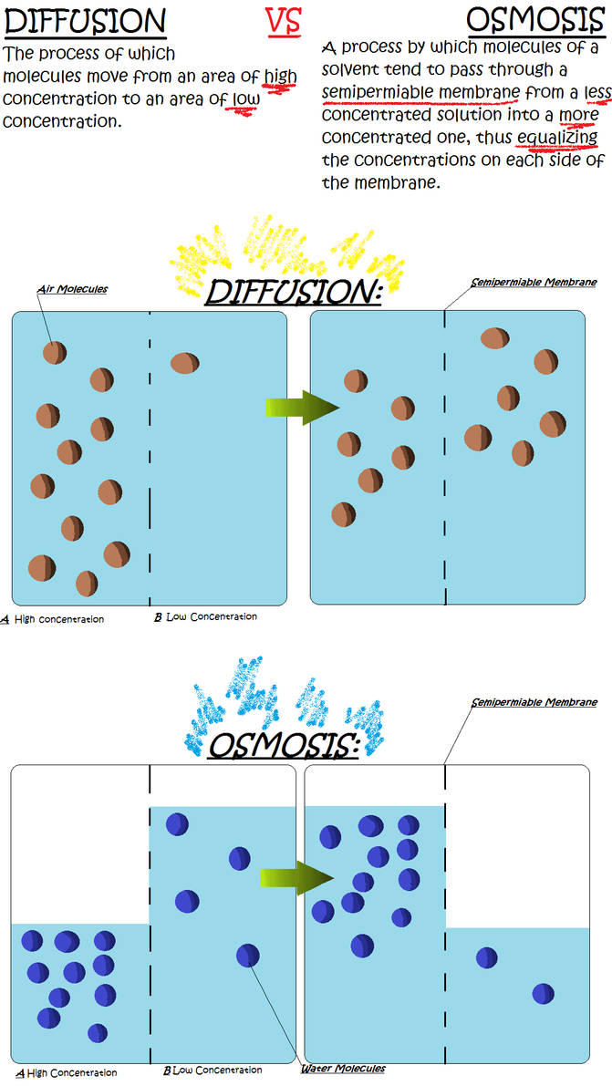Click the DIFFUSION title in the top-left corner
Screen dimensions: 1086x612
coord(86,21)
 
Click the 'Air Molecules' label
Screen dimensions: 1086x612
coord(72,289)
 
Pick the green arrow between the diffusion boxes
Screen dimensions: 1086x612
coord(301,407)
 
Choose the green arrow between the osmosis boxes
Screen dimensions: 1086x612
coord(296,877)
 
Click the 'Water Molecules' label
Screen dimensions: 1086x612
coord(343,1068)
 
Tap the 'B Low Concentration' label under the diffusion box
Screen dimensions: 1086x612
coord(205,617)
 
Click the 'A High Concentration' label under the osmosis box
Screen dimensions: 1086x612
coord(67,1072)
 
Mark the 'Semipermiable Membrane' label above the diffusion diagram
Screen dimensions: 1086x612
coord(534,283)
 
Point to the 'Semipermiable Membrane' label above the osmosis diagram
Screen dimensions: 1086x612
coord(534,703)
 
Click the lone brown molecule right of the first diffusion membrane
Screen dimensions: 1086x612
coord(184,363)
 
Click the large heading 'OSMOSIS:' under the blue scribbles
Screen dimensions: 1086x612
coord(283,746)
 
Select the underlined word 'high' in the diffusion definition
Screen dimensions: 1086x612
coord(280,77)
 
